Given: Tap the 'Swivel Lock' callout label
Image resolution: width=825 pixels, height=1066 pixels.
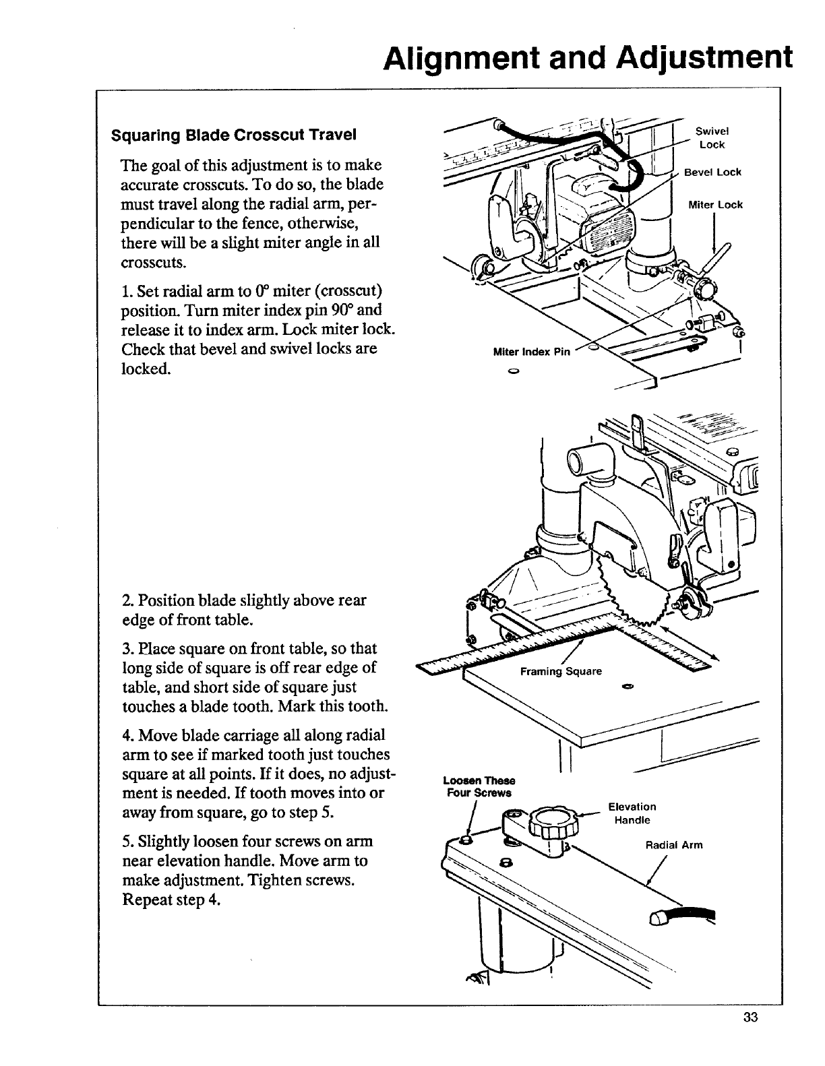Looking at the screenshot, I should [712, 138].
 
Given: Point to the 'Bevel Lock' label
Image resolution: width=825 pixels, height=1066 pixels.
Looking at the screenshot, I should [712, 173].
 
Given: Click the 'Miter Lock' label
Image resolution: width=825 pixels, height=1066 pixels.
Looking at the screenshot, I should [715, 205].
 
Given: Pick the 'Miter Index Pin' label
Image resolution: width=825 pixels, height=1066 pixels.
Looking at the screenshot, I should [532, 352].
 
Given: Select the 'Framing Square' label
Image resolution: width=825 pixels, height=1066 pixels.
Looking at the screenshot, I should [561, 671].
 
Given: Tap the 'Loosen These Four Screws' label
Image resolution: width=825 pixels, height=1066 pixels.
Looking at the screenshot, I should [479, 786].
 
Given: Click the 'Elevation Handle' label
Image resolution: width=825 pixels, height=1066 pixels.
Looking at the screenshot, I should [632, 813].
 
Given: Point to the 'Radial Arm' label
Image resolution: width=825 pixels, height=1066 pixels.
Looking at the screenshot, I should [674, 844].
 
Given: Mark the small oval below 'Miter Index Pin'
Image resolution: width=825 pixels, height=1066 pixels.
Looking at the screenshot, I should [513, 371].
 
